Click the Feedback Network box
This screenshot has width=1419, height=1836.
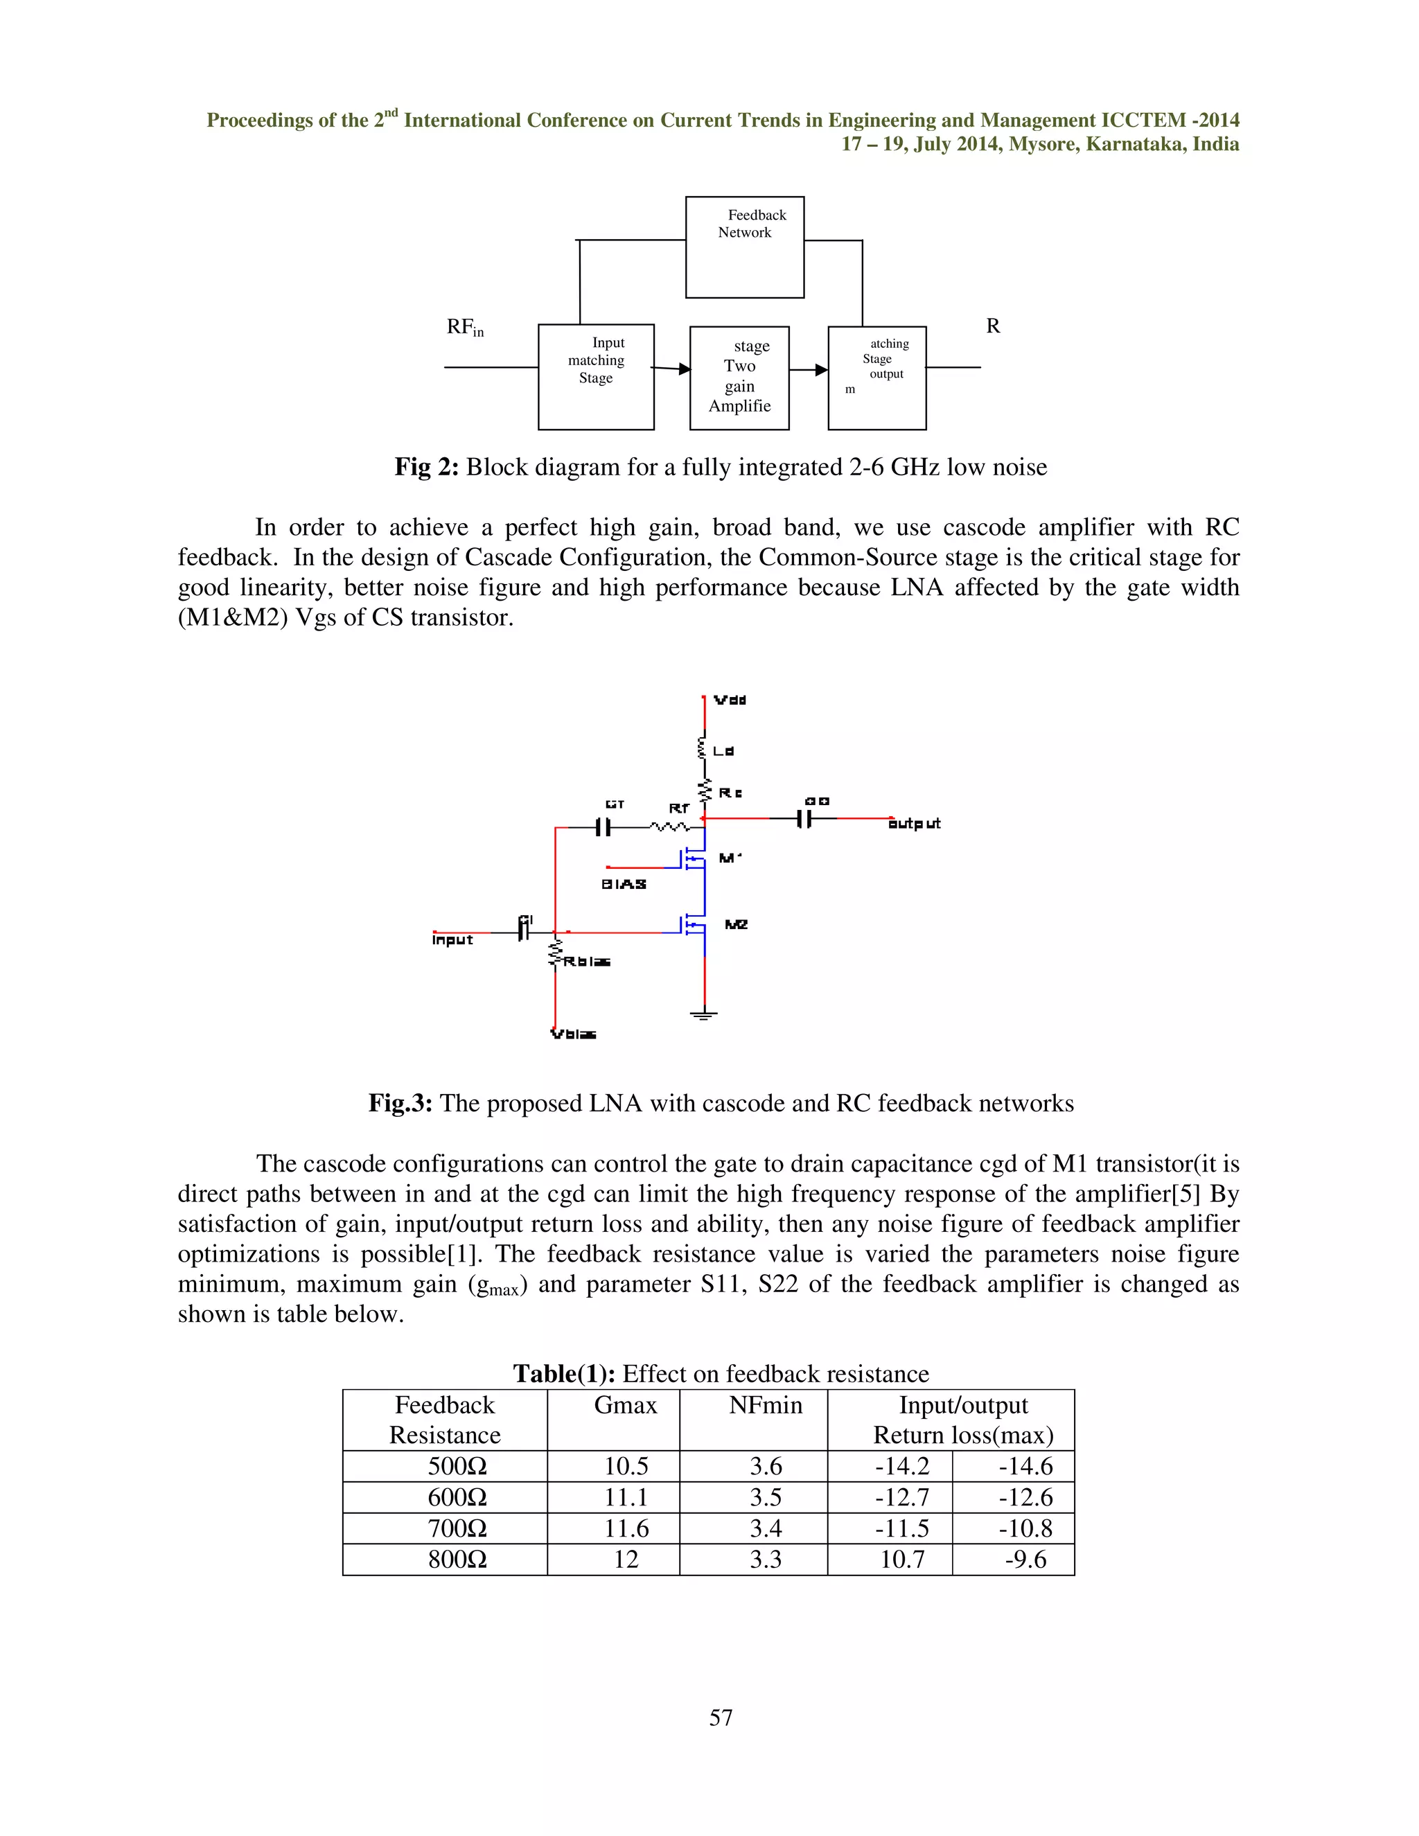pyautogui.click(x=744, y=247)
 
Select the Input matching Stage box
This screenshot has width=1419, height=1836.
pyautogui.click(x=596, y=377)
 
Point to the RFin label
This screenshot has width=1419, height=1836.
pyautogui.click(x=465, y=327)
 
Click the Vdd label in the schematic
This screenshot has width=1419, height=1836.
pyautogui.click(x=729, y=700)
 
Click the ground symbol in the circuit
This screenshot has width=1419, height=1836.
pyautogui.click(x=704, y=1015)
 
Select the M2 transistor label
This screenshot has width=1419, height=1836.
pyautogui.click(x=736, y=925)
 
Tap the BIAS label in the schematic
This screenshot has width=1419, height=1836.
pyautogui.click(x=624, y=884)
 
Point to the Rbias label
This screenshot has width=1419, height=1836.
pyautogui.click(x=586, y=962)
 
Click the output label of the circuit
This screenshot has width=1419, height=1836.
pyautogui.click(x=914, y=824)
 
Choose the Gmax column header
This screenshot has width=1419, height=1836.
pyautogui.click(x=626, y=1406)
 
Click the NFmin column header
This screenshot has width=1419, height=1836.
pyautogui.click(x=765, y=1406)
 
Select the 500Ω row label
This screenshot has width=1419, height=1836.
pyautogui.click(x=457, y=1466)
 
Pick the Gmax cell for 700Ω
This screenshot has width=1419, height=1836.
pyautogui.click(x=626, y=1528)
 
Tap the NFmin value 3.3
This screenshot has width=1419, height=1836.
pyautogui.click(x=765, y=1560)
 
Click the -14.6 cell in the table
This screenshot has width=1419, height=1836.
pyautogui.click(x=1025, y=1466)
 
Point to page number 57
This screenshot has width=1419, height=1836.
pyautogui.click(x=721, y=1718)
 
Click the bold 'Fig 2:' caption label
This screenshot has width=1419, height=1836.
pyautogui.click(x=426, y=468)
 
